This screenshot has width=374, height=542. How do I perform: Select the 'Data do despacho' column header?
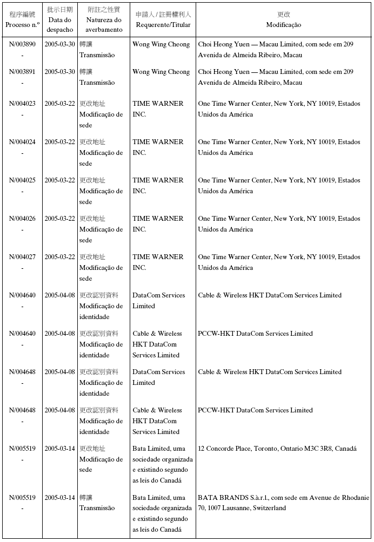pyautogui.click(x=59, y=25)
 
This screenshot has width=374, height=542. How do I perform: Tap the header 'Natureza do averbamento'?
pyautogui.click(x=103, y=25)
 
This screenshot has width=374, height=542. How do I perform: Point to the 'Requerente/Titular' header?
pyautogui.click(x=163, y=25)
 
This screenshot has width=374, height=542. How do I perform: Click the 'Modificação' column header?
pyautogui.click(x=283, y=25)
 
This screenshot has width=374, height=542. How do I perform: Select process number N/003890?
pyautogui.click(x=22, y=44)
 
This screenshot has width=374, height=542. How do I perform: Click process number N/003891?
pyautogui.click(x=22, y=72)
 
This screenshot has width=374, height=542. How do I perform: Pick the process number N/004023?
pyautogui.click(x=22, y=104)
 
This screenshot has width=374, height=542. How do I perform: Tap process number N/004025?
pyautogui.click(x=22, y=180)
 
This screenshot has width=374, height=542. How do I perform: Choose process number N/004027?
pyautogui.click(x=22, y=257)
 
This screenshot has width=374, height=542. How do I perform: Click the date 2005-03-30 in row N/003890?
pyautogui.click(x=59, y=44)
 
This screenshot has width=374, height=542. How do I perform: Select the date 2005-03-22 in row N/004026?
pyautogui.click(x=59, y=219)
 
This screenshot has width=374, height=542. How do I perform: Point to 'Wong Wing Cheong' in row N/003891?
pyautogui.click(x=161, y=72)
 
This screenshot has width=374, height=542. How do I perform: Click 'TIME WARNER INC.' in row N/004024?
pyautogui.click(x=158, y=147)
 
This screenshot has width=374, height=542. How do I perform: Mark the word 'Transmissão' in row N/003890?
pyautogui.click(x=97, y=55)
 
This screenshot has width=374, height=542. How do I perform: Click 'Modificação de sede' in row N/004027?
pyautogui.click(x=101, y=273)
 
